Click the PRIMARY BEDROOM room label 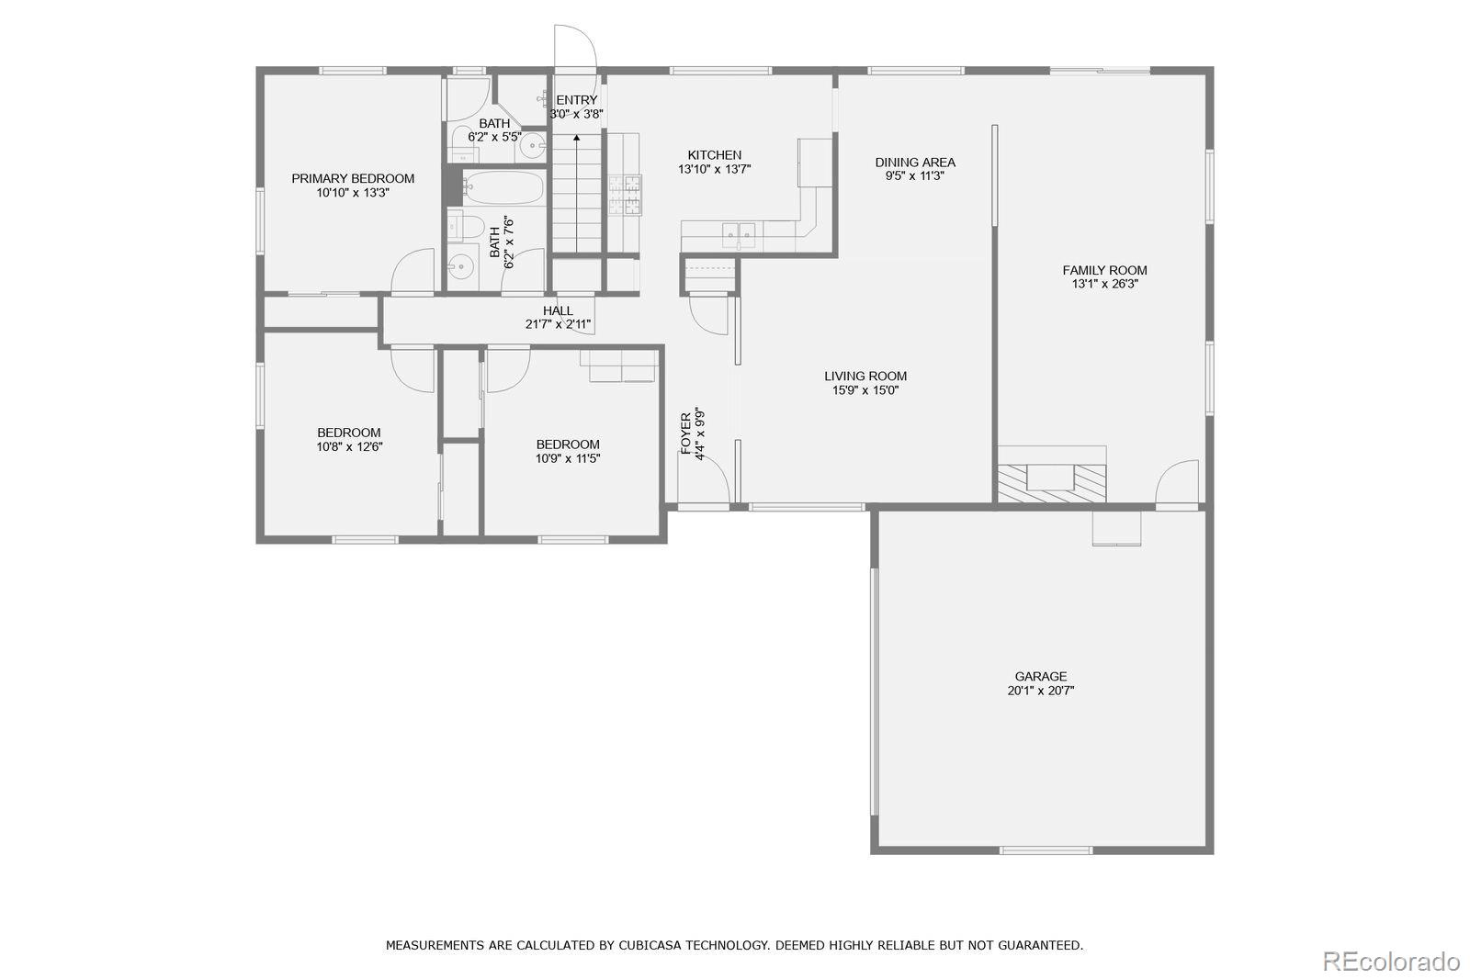tap(353, 178)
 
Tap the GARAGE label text tap(1041, 676)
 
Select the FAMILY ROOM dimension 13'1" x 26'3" tap(1105, 284)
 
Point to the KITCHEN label tap(715, 155)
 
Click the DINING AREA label tap(915, 162)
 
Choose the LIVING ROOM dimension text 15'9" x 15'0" tap(865, 390)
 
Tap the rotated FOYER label tap(685, 433)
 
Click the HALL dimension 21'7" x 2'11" tap(558, 324)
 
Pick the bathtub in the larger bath tap(504, 187)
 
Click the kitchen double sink tap(739, 236)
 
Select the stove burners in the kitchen tap(625, 195)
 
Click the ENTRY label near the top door tap(577, 100)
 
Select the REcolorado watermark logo tap(1391, 962)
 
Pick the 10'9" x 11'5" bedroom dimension tap(568, 458)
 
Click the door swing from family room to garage tap(1177, 482)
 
